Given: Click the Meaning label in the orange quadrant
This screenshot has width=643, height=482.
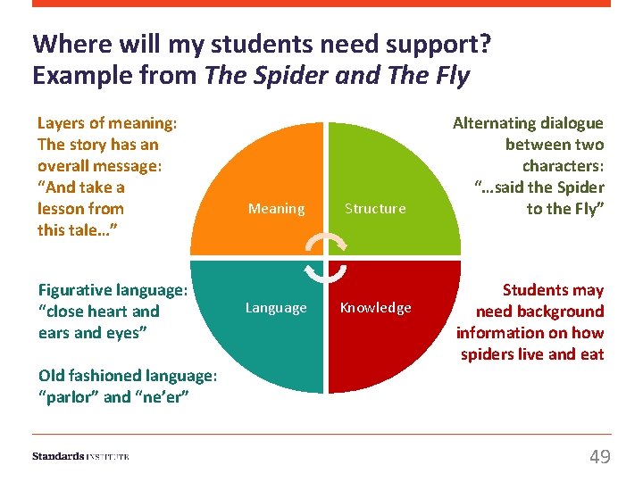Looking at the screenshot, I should [x=276, y=209].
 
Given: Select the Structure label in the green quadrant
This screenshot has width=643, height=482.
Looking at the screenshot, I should [x=375, y=209].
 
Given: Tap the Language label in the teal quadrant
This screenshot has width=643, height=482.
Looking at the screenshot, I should [x=276, y=308].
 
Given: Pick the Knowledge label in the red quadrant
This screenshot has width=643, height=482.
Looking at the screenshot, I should [x=375, y=308].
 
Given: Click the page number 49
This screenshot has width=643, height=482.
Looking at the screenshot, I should [x=600, y=457].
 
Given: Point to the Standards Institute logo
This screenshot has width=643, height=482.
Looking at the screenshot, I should [x=80, y=456].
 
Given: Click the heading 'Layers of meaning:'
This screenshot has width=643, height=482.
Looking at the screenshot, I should [x=107, y=123].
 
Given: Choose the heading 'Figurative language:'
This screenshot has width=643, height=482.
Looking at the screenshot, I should [x=113, y=290].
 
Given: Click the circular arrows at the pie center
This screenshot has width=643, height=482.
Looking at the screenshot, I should [x=326, y=257].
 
